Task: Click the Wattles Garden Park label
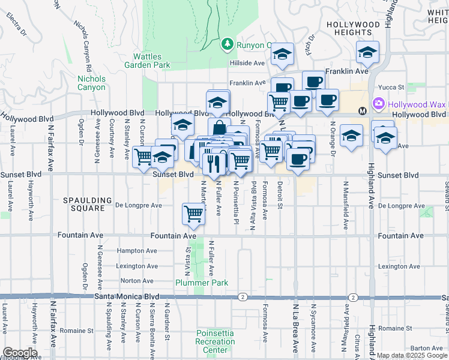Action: coord(148,61)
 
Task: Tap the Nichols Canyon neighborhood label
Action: coord(91,83)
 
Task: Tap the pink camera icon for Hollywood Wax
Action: coord(379,104)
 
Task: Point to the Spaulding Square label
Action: coord(89,204)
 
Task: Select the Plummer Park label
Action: coord(194,283)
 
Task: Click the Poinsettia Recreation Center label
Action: coord(215,341)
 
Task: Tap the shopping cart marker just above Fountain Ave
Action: coord(193,213)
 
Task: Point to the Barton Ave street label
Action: coord(427,347)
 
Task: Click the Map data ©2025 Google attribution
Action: coord(411,356)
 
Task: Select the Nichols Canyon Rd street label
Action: coord(86,43)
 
